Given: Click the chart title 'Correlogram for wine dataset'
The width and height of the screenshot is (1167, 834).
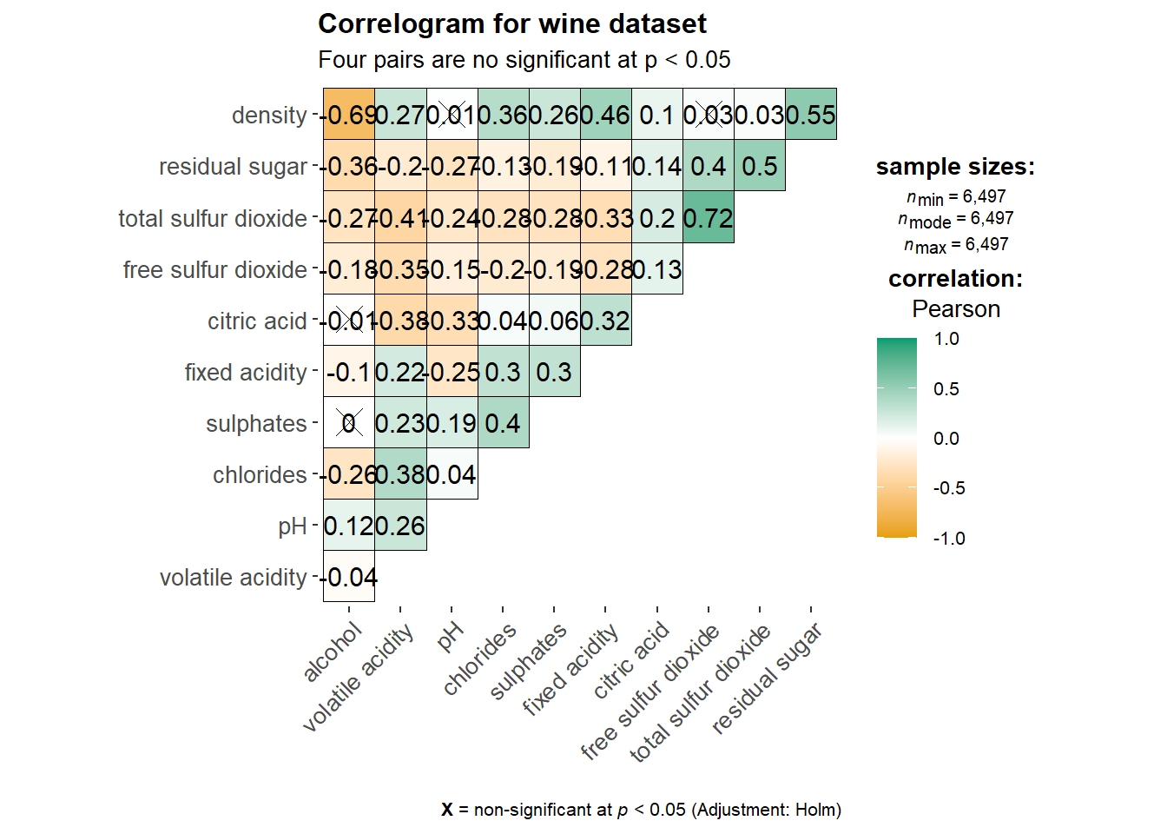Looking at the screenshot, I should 512,24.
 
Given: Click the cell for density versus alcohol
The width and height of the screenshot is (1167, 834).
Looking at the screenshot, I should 349,115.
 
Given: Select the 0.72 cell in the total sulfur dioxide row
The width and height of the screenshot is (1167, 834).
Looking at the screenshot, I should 709,218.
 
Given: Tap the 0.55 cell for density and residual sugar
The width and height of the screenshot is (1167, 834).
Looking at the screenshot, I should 811,115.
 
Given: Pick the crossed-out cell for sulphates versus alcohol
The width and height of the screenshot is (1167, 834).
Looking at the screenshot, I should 349,423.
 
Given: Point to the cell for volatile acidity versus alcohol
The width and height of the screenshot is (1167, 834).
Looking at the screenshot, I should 349,577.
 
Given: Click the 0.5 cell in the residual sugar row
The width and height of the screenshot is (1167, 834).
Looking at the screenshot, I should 760,166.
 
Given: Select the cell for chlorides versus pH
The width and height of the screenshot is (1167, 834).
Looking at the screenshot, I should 452,474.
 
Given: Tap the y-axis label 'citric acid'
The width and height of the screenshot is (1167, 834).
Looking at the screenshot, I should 257,321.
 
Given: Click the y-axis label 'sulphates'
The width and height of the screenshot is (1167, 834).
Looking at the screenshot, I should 256,424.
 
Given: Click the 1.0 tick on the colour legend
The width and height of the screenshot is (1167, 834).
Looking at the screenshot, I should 946,339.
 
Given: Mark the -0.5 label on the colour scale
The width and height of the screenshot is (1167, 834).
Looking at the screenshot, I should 949,488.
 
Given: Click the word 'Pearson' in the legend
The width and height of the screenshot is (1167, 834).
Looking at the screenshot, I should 956,309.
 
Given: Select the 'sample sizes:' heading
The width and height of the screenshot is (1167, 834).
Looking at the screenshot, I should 955,167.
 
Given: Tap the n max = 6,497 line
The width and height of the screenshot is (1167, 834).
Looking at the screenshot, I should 956,245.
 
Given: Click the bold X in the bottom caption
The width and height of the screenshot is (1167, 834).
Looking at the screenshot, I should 447,810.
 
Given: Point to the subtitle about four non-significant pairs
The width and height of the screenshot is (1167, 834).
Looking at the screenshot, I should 524,60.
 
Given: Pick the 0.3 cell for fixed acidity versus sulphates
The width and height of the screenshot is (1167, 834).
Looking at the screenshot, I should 554,372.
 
